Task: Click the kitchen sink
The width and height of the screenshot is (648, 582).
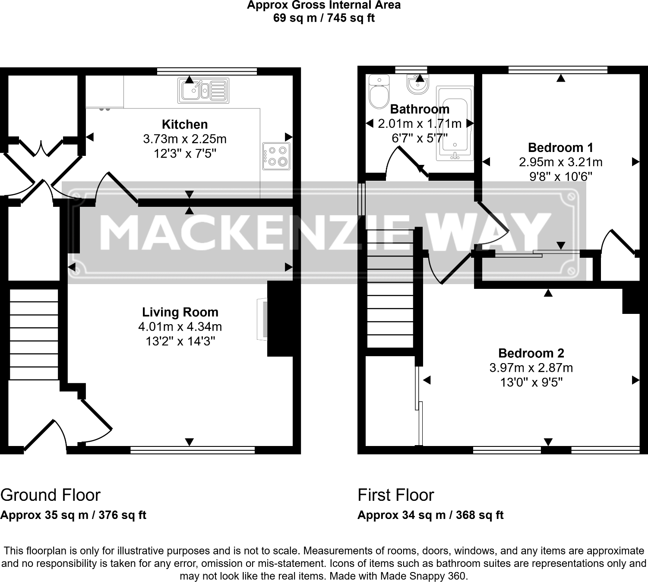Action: pos(203,91)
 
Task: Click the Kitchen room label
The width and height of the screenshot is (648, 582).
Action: pos(185,124)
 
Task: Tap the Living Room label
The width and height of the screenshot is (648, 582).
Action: pos(180,312)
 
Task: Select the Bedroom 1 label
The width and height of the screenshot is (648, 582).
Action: pos(560,148)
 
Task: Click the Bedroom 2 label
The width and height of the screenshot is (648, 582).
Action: pos(531,353)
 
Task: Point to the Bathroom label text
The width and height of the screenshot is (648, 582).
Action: pos(420,109)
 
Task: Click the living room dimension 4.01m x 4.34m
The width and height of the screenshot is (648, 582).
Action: pos(180,327)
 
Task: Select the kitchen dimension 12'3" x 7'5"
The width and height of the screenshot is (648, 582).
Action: pos(185,154)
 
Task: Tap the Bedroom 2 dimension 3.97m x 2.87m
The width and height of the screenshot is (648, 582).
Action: pos(531,368)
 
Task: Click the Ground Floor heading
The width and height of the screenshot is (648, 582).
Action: pos(51,495)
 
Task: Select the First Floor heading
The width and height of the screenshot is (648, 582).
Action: pos(395,495)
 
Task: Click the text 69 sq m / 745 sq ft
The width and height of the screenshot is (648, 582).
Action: pos(324,18)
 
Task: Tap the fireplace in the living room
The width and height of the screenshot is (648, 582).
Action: pos(262,319)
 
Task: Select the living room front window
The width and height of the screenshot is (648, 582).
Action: pos(193,450)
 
